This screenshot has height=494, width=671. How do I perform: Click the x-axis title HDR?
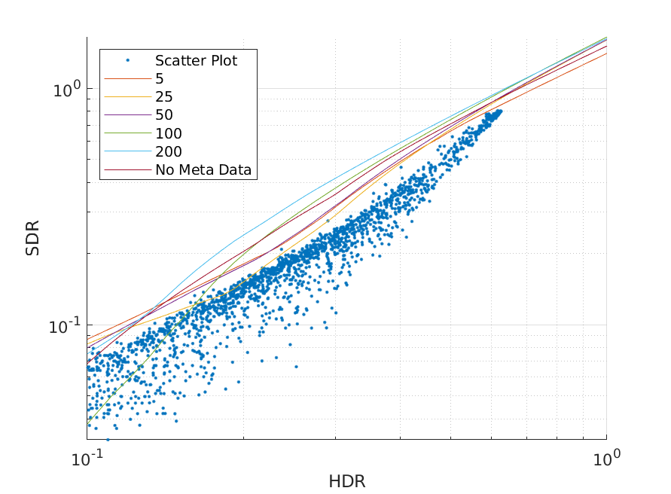[x=346, y=480]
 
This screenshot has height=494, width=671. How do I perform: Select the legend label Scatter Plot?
[x=196, y=60]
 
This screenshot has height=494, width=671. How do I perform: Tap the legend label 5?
[x=160, y=78]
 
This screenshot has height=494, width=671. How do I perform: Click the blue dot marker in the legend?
[x=127, y=60]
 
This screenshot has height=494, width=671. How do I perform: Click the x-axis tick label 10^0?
[x=606, y=458]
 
